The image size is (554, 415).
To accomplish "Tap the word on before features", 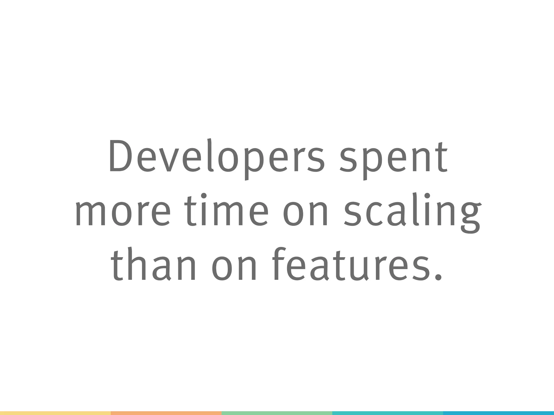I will tap(233, 269).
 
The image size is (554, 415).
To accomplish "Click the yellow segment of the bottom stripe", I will tap(55, 413).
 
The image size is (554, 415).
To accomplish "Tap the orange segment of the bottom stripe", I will tap(166, 413).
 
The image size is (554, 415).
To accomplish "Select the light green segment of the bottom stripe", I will tap(277, 413).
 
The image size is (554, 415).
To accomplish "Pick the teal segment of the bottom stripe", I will tap(387, 413).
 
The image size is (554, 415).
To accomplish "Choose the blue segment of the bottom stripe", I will tap(498, 413).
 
